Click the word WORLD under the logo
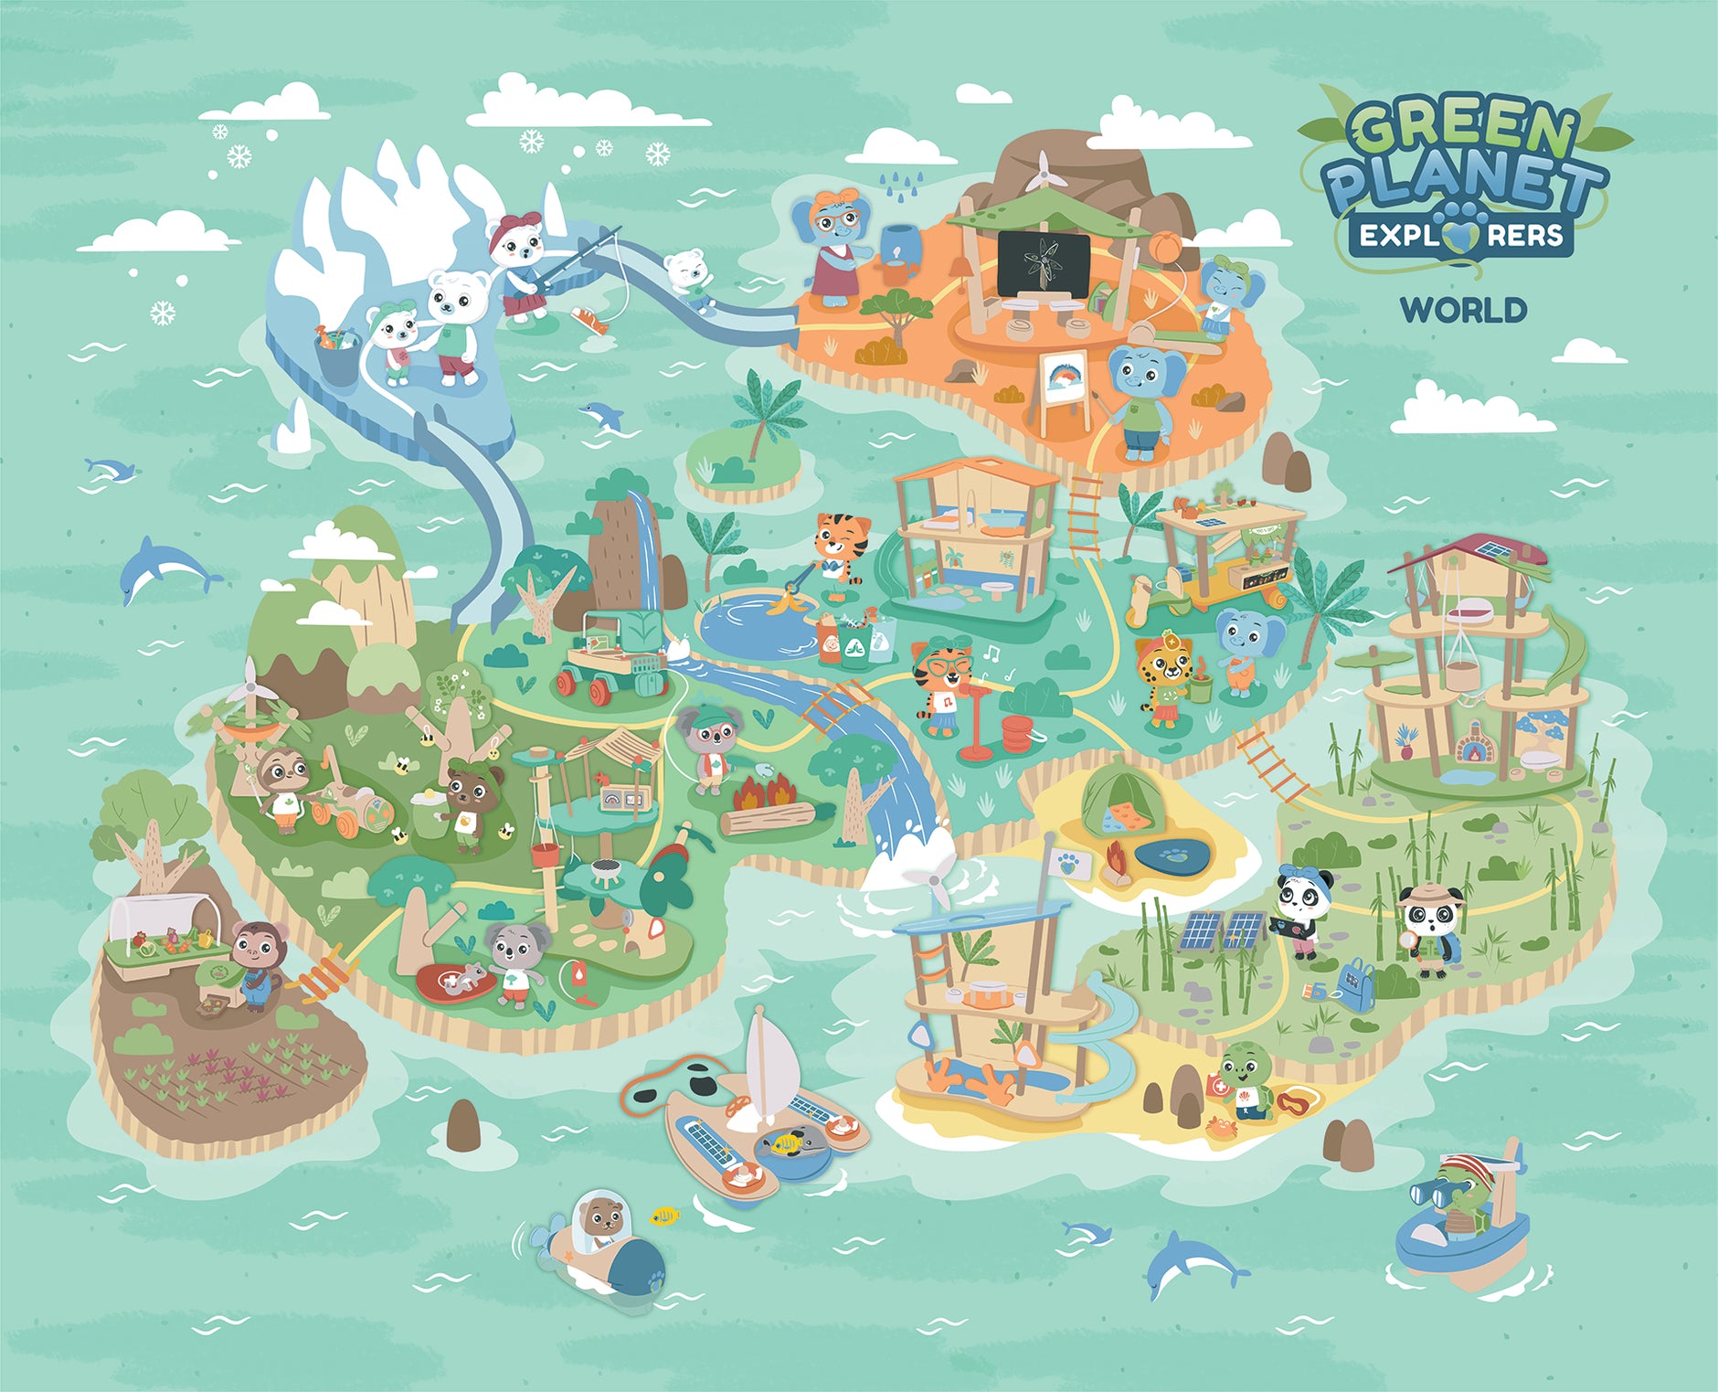[x=1463, y=310]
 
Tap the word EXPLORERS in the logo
[x=1460, y=236]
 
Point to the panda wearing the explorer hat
[x=1429, y=928]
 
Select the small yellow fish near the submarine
[x=665, y=1216]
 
